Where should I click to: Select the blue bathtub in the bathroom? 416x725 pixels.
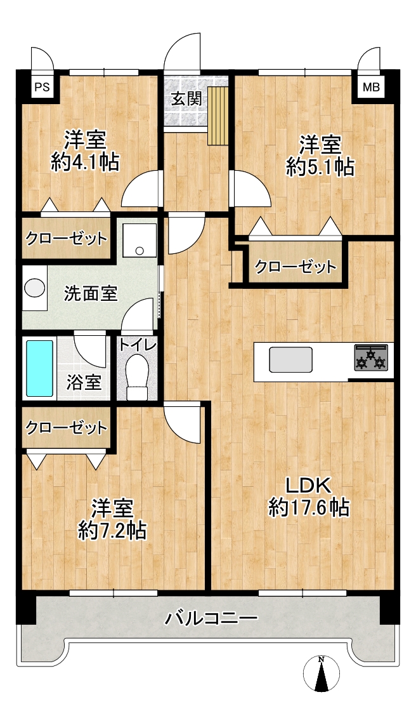tap(39, 368)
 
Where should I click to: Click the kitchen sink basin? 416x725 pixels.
tap(292, 359)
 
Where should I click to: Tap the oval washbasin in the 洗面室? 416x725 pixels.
tap(35, 289)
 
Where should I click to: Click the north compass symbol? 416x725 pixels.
tap(322, 675)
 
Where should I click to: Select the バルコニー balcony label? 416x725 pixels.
tap(211, 618)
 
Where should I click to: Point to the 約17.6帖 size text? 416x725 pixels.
tap(308, 509)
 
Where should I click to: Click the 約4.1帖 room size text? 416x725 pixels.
tap(86, 163)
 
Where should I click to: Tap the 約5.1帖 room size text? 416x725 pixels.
tap(320, 167)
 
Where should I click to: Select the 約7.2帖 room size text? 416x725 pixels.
tap(113, 530)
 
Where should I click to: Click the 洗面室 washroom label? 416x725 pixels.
tap(91, 294)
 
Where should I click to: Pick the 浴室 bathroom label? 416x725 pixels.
tap(84, 382)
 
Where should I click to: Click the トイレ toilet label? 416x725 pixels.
tap(138, 345)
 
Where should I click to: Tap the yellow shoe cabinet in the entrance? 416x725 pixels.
tap(218, 115)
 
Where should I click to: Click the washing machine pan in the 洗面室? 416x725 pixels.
tap(140, 239)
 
